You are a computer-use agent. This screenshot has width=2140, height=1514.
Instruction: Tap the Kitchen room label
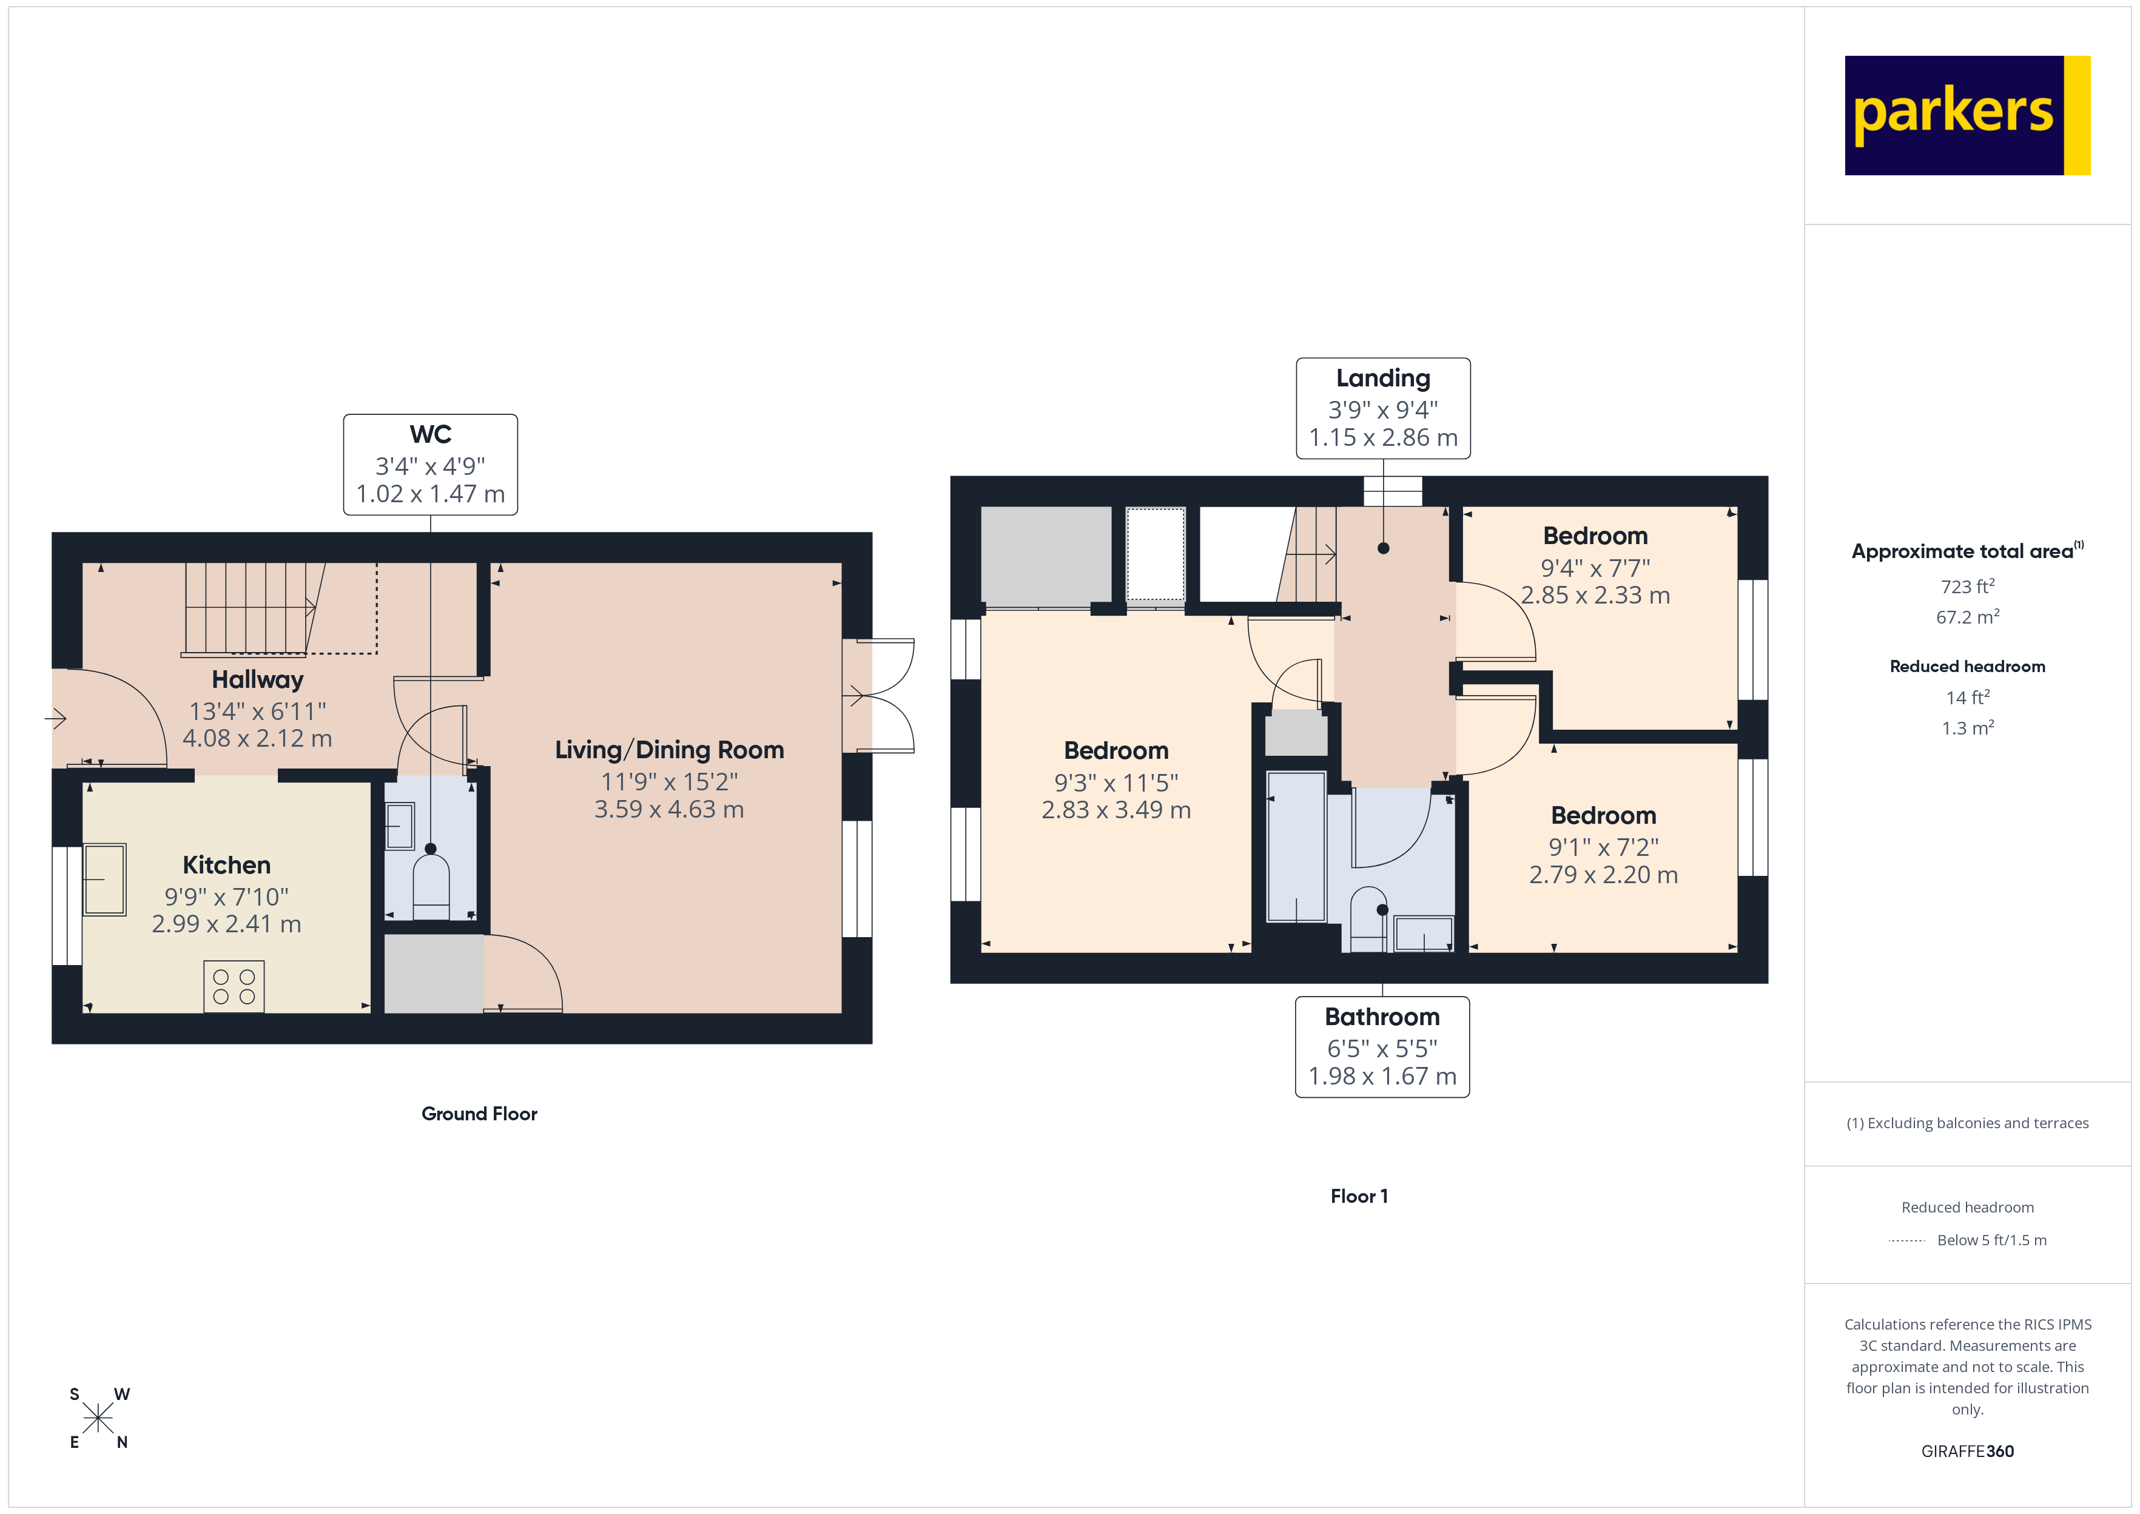tap(226, 865)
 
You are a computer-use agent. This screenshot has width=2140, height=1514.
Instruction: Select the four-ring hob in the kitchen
tap(234, 986)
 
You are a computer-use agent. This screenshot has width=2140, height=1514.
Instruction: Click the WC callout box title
tap(431, 434)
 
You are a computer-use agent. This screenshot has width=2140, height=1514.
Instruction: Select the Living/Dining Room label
tap(669, 750)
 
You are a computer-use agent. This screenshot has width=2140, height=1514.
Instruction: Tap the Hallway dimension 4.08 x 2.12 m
tap(257, 738)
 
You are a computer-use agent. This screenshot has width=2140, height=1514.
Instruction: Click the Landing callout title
tap(1383, 378)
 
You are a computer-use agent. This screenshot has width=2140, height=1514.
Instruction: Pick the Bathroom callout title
tap(1382, 1017)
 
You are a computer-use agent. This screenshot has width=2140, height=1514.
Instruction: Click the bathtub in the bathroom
tap(1296, 847)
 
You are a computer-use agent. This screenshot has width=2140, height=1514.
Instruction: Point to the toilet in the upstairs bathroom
tap(1369, 919)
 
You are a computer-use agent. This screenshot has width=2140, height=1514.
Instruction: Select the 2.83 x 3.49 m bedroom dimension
tap(1115, 810)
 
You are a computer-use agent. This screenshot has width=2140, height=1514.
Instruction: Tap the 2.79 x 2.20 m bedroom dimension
tap(1603, 875)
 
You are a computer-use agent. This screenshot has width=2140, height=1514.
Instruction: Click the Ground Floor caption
tap(479, 1114)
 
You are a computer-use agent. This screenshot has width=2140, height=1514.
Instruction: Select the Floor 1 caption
tap(1359, 1196)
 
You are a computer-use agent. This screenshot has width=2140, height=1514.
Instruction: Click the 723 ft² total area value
tap(1968, 587)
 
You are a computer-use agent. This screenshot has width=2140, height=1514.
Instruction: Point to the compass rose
tap(98, 1419)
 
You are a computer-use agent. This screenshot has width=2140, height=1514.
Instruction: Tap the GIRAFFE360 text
tap(1968, 1452)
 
